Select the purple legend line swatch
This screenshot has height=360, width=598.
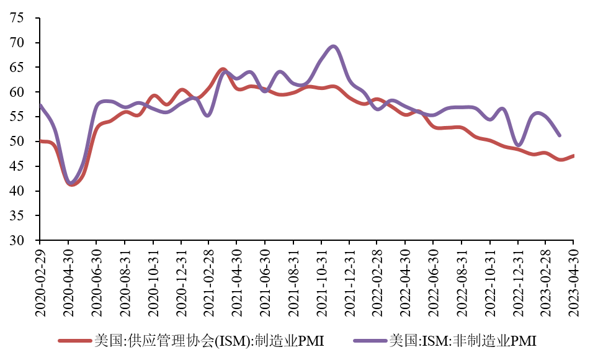370,341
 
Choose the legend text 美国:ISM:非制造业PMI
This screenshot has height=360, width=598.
463,341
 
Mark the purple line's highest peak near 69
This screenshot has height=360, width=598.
334,46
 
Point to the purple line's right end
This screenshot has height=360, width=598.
560,135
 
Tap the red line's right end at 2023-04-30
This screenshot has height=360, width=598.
573,155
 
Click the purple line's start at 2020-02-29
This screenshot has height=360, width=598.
40,105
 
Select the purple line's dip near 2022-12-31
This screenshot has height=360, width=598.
519,145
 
